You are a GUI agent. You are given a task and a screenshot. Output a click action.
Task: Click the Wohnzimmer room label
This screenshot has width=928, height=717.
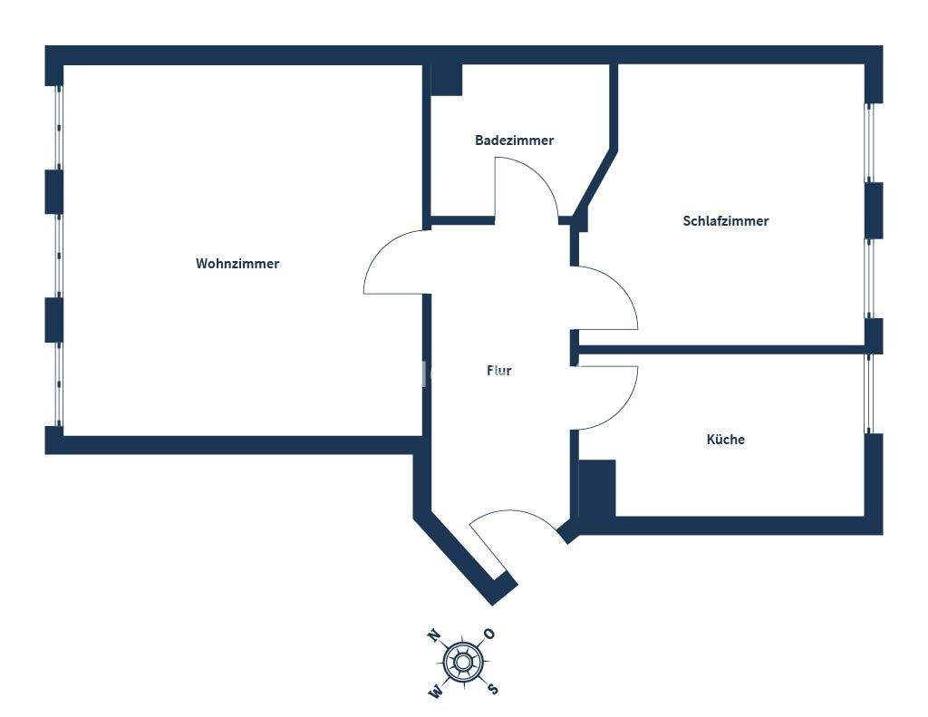[x=237, y=264]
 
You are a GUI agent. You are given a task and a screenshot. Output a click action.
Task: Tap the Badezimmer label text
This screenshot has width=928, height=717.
[x=514, y=140]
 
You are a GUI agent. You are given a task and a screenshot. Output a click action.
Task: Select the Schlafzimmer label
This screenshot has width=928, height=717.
[x=725, y=221]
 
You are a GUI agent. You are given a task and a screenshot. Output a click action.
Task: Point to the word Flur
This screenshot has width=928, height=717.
[x=499, y=371]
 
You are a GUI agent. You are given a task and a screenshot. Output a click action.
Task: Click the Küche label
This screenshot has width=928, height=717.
[x=725, y=440]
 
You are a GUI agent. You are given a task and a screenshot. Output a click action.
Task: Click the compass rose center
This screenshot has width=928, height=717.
[x=462, y=662]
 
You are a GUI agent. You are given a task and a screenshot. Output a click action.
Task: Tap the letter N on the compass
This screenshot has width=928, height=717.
[x=434, y=635]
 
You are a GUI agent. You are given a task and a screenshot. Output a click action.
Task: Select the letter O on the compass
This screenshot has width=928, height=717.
[x=489, y=634]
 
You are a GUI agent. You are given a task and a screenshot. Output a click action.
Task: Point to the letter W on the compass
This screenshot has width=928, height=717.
[x=436, y=693]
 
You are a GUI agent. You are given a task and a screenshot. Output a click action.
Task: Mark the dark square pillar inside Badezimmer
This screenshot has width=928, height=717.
[x=446, y=80]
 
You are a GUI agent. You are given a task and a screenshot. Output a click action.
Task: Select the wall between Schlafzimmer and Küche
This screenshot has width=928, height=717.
[x=725, y=349]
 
